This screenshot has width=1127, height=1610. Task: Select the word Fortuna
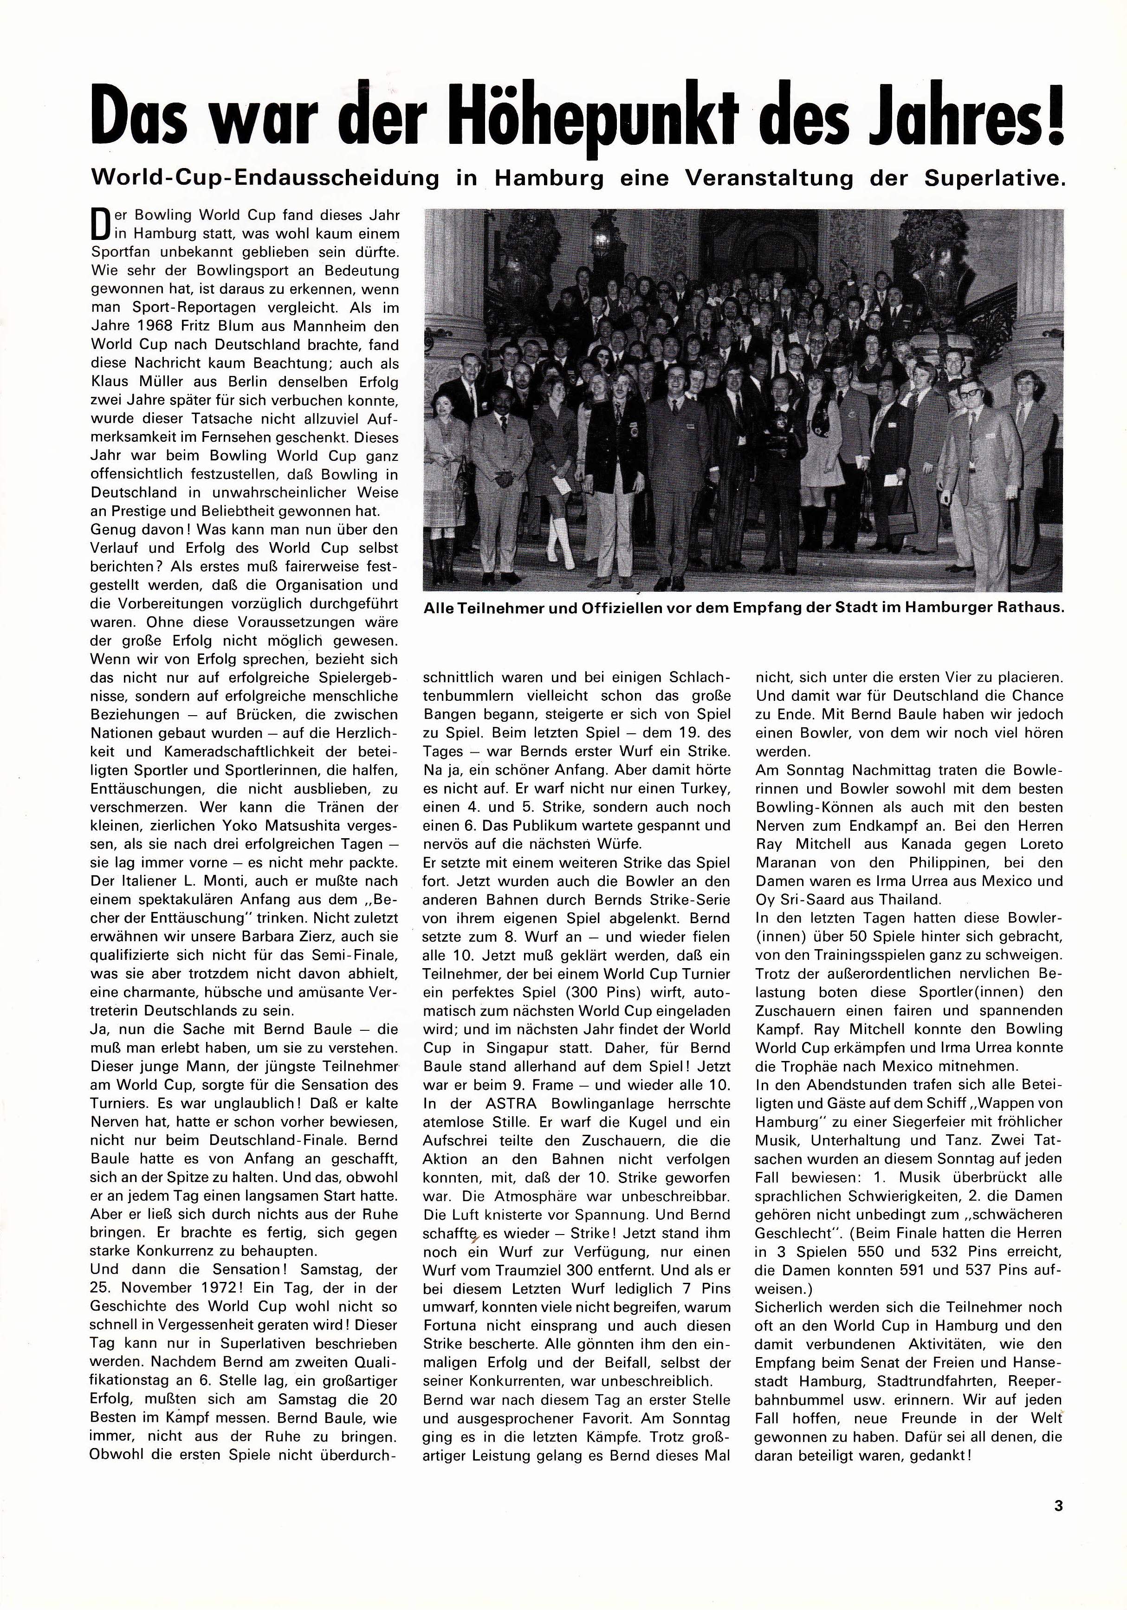(449, 1326)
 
